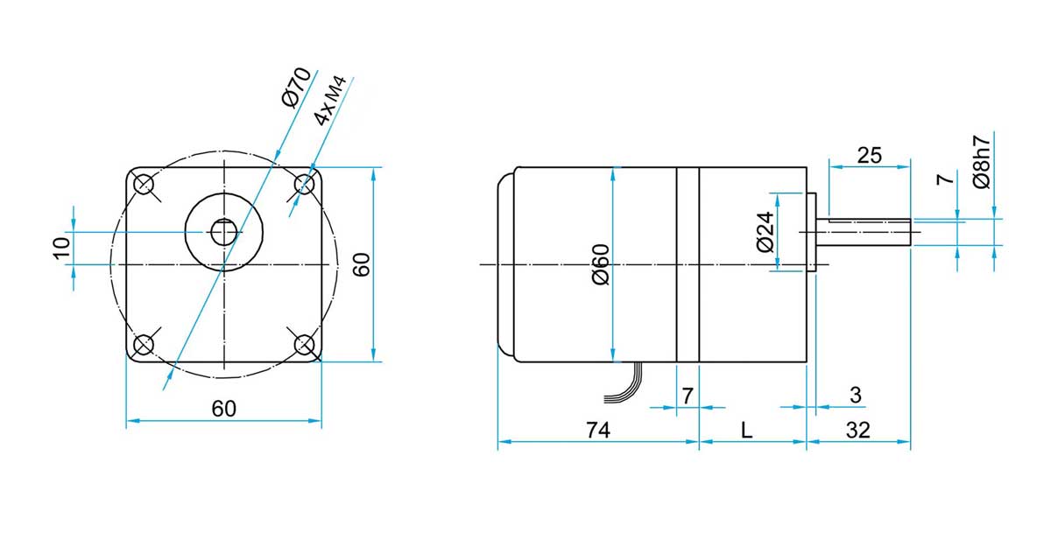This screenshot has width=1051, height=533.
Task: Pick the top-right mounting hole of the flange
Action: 304,184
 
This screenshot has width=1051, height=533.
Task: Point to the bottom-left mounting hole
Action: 144,344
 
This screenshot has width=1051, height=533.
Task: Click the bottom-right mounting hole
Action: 304,344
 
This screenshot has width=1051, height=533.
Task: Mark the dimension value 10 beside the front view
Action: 60,248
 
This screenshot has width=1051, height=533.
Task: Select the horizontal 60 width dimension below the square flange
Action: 224,408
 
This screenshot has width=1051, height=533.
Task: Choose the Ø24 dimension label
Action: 765,232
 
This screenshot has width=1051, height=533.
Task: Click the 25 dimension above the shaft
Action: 870,155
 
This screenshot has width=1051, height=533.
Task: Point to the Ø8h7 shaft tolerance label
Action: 982,162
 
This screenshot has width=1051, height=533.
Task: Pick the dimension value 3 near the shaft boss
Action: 856,396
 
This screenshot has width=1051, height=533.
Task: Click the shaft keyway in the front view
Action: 224,232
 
